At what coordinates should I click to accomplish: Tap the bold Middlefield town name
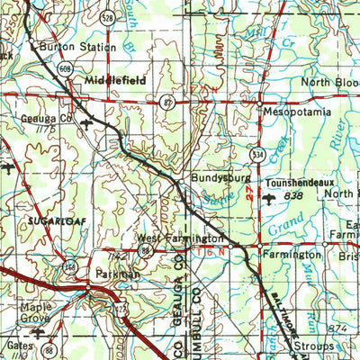coord(115,80)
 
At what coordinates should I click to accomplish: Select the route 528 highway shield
coord(107,17)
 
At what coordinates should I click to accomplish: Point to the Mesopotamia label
coord(297,113)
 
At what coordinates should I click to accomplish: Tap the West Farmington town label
coord(180,238)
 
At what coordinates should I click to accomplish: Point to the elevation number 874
coord(337,328)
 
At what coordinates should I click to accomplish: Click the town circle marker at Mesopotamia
coord(259,111)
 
